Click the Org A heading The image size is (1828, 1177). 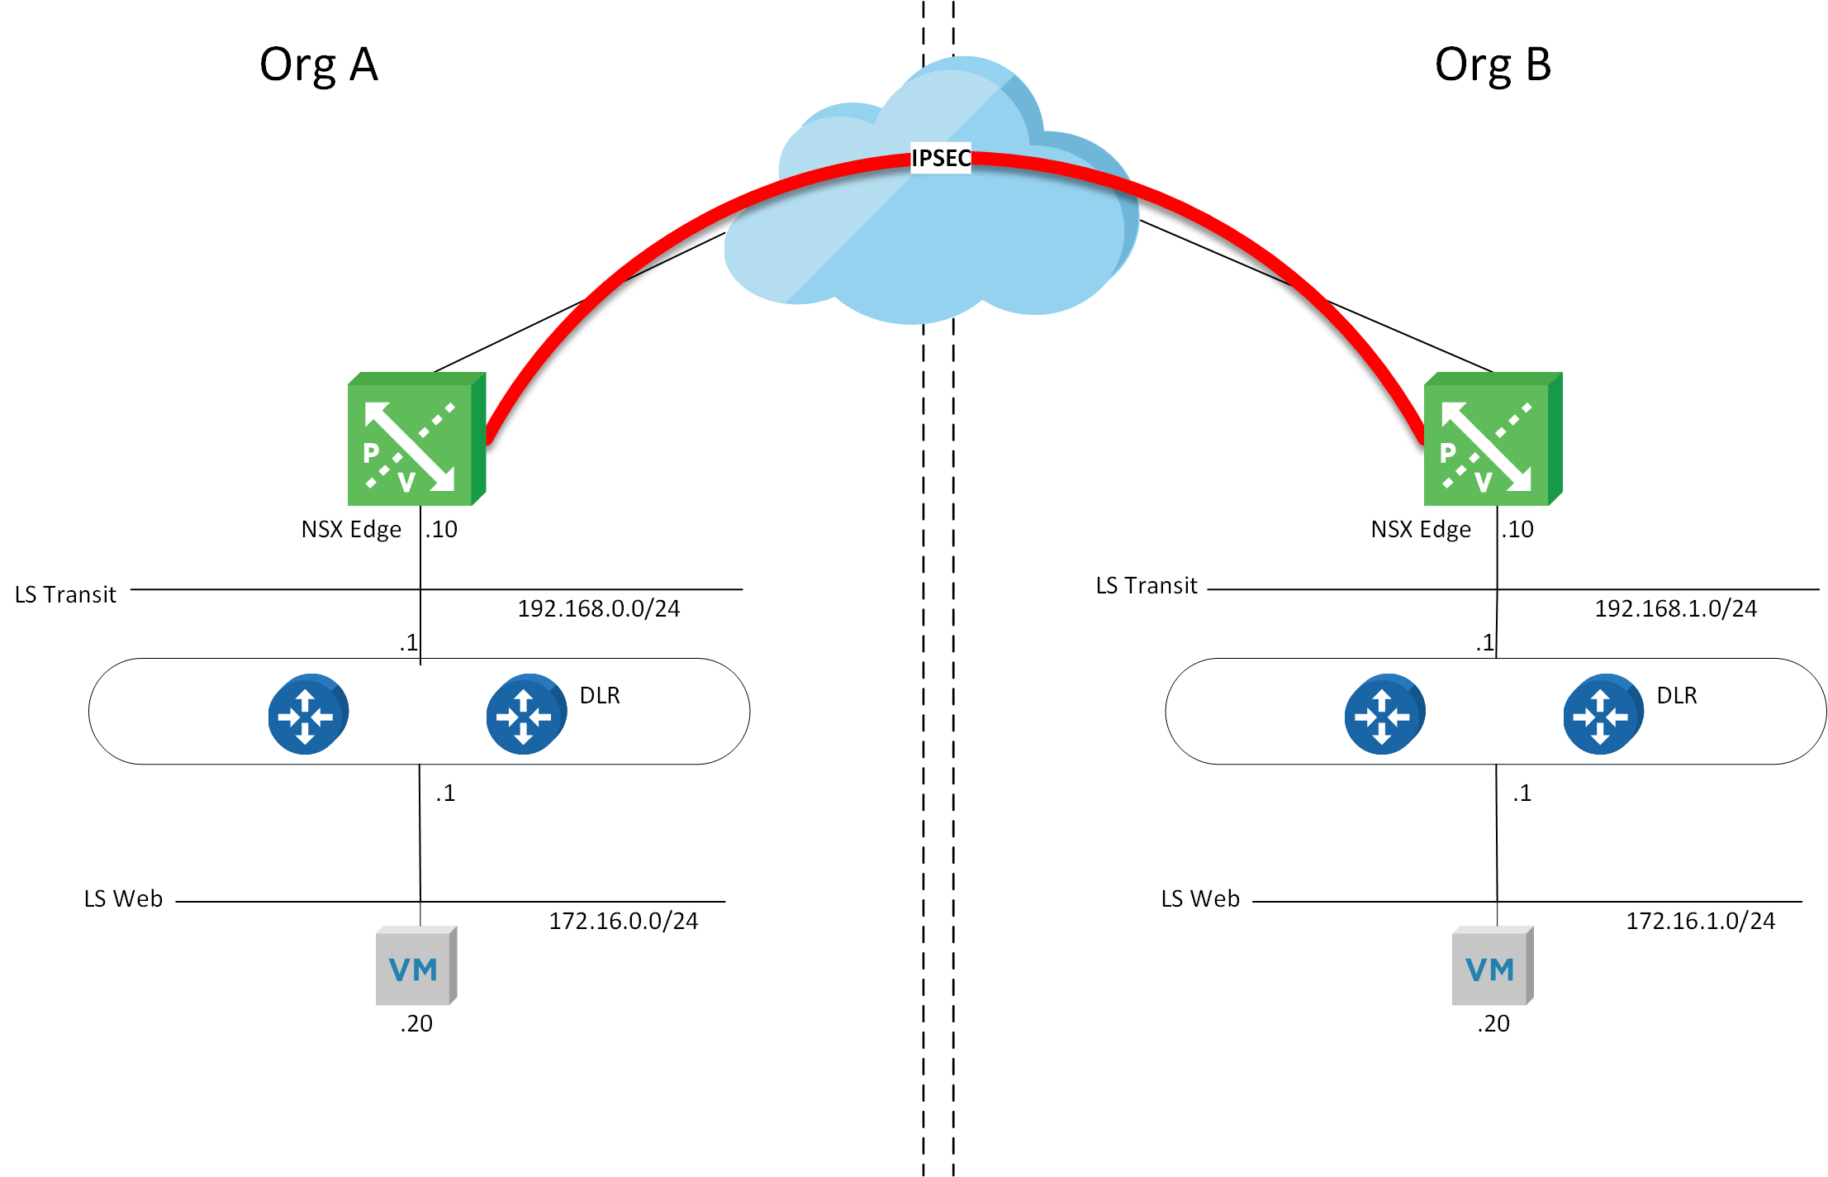pos(318,65)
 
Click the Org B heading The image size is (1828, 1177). pos(1493,65)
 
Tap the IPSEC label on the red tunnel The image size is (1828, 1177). pos(940,158)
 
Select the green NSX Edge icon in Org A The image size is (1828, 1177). pos(415,440)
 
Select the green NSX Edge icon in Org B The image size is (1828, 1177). pos(1492,440)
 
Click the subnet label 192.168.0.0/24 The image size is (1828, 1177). pos(598,609)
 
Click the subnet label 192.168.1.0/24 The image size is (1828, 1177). pos(1675,609)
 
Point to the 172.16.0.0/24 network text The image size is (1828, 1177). pos(623,921)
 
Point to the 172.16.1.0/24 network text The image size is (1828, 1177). pos(1700,921)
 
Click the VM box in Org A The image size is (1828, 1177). pos(415,965)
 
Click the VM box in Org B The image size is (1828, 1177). pos(1492,965)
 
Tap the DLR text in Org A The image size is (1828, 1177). pos(600,696)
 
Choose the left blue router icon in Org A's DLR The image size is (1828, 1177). pos(307,714)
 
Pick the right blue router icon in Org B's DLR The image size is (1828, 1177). pos(1602,714)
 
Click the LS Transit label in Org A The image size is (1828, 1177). pos(65,595)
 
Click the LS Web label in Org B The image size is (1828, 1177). pos(1200,899)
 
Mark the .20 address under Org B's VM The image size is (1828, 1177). pos(1493,1024)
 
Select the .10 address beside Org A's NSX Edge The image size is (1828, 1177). pos(442,530)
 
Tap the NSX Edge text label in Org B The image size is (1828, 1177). pos(1421,530)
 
